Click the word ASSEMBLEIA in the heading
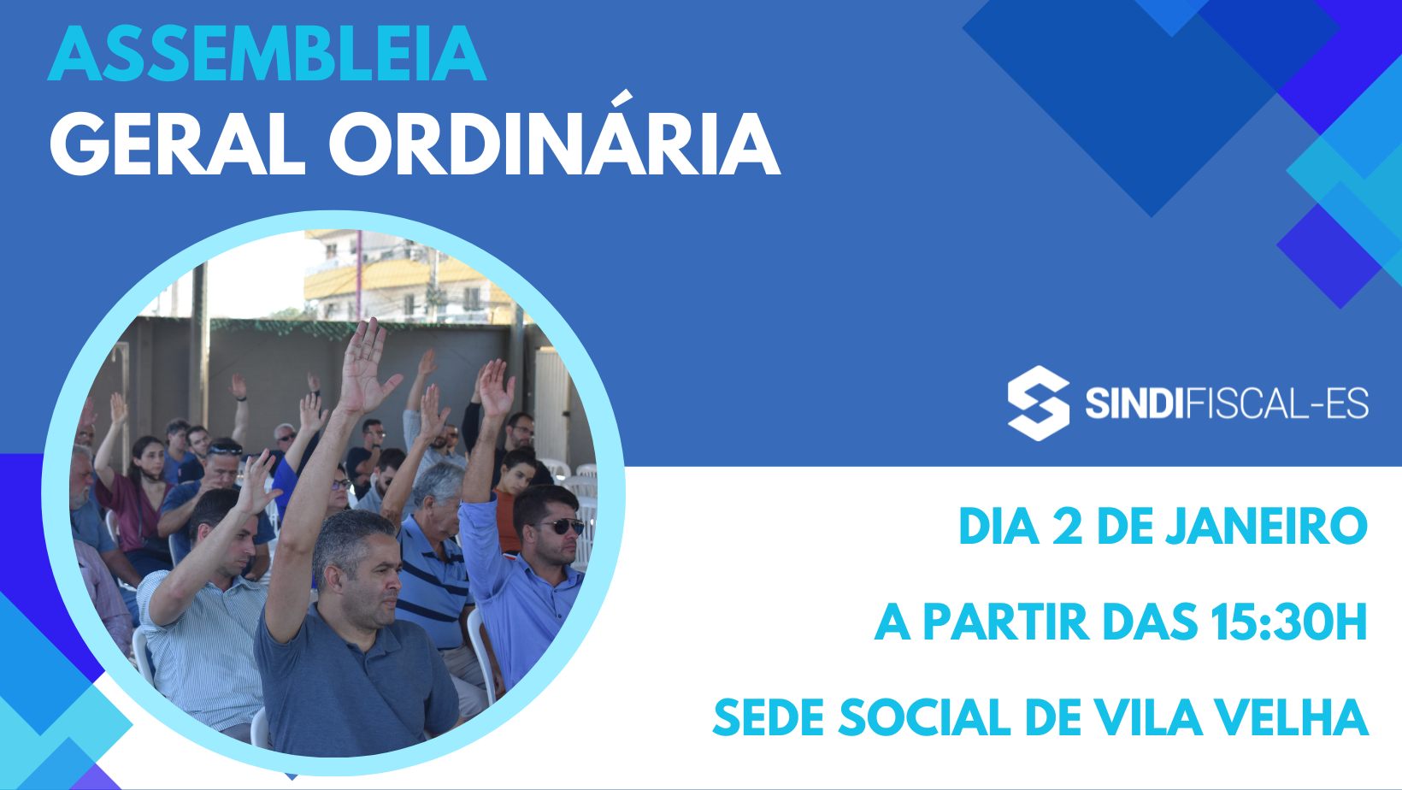(268, 53)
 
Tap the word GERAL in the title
(178, 144)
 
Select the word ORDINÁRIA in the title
(555, 135)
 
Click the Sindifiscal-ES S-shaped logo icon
(1039, 404)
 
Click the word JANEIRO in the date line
(1266, 527)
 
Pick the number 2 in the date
(1068, 527)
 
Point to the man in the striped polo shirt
(435, 563)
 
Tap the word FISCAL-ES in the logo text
(1277, 404)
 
